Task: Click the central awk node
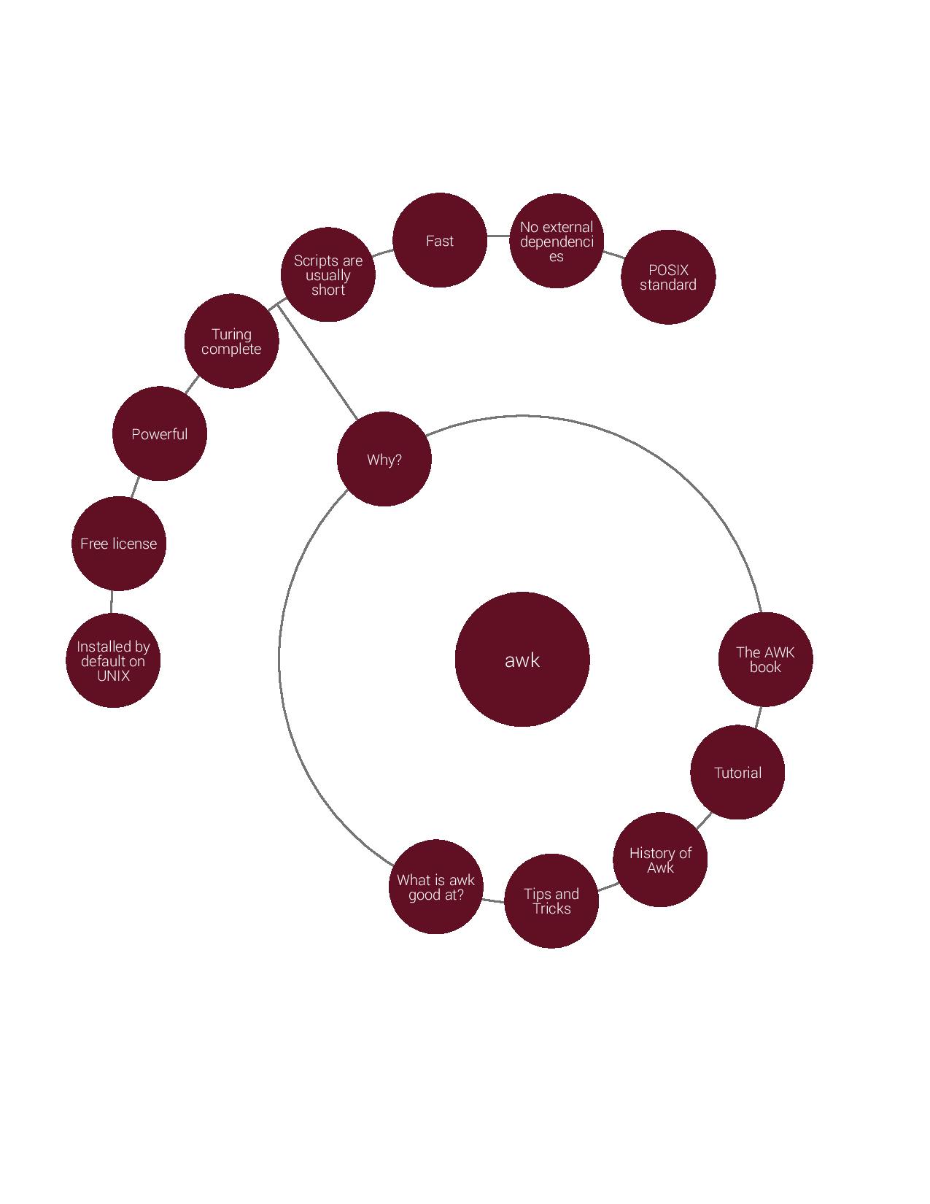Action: click(x=522, y=659)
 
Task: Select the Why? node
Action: click(x=384, y=459)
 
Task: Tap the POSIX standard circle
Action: click(x=668, y=277)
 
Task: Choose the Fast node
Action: click(x=439, y=240)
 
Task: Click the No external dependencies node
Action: click(x=556, y=241)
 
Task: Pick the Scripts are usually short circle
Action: click(x=328, y=274)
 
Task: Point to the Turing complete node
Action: click(x=231, y=341)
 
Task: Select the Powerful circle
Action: click(x=160, y=433)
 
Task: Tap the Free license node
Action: click(x=119, y=543)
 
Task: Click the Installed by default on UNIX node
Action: click(x=113, y=660)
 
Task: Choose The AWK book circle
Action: click(x=765, y=660)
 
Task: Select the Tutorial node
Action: click(x=737, y=772)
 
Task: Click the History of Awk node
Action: click(x=659, y=860)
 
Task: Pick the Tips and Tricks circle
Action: click(x=551, y=901)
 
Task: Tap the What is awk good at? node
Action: click(x=436, y=887)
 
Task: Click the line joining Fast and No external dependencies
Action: click(x=498, y=236)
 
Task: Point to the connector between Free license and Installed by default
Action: click(x=112, y=602)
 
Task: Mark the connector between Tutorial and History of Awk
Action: click(x=703, y=821)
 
